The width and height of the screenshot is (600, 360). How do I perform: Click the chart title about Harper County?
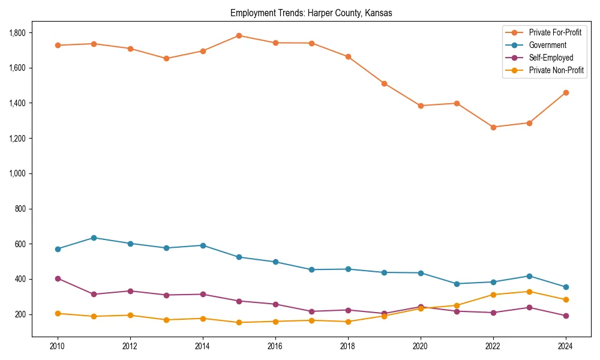click(x=311, y=13)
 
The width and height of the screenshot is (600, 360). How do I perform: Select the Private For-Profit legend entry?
click(x=555, y=32)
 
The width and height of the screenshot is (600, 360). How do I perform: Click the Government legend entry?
click(x=547, y=45)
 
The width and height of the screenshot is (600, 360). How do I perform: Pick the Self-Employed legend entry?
click(x=551, y=58)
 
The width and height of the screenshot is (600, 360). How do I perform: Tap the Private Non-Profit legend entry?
click(x=556, y=70)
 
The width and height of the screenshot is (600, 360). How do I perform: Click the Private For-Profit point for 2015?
click(x=239, y=35)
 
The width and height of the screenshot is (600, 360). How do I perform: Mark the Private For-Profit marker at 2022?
click(x=493, y=127)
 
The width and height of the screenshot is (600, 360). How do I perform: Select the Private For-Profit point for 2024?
click(x=566, y=92)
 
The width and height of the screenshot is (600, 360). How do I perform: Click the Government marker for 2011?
click(x=94, y=238)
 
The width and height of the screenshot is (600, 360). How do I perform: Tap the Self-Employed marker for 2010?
click(x=58, y=278)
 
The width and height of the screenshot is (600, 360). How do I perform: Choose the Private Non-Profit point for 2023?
click(x=529, y=292)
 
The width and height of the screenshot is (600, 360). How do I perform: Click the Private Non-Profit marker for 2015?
click(x=239, y=322)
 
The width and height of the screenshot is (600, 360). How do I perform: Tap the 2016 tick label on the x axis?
click(x=275, y=346)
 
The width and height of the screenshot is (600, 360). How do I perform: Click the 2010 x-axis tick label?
click(x=58, y=346)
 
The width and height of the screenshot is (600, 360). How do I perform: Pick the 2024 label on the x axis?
click(x=566, y=346)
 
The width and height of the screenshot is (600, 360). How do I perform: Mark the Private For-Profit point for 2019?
click(x=384, y=83)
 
